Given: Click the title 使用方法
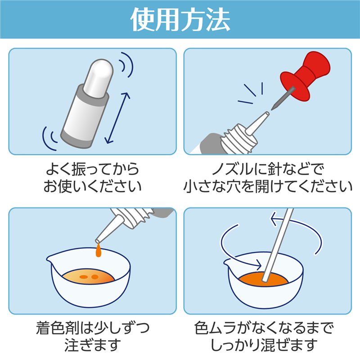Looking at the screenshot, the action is (x=180, y=19).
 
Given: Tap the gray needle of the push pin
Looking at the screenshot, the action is (x=283, y=99).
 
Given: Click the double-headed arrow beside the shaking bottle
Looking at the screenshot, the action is (x=117, y=118).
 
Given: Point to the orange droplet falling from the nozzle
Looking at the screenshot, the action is (x=98, y=250).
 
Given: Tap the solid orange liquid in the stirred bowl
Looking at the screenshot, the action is (x=263, y=279).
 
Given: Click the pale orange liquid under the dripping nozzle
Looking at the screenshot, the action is (x=88, y=277).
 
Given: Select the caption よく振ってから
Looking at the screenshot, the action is (x=93, y=169).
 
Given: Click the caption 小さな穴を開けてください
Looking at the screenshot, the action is (x=268, y=186).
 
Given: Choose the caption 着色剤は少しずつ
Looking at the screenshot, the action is (x=93, y=328).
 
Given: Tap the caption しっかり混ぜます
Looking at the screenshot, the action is (x=264, y=345).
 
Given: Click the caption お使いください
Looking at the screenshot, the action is (x=93, y=186).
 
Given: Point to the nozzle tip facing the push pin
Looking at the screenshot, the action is (x=267, y=113).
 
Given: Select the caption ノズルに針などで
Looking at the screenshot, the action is (x=268, y=169).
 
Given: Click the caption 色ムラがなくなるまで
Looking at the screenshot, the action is (x=264, y=328).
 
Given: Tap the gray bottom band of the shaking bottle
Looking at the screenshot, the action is (x=76, y=139).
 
